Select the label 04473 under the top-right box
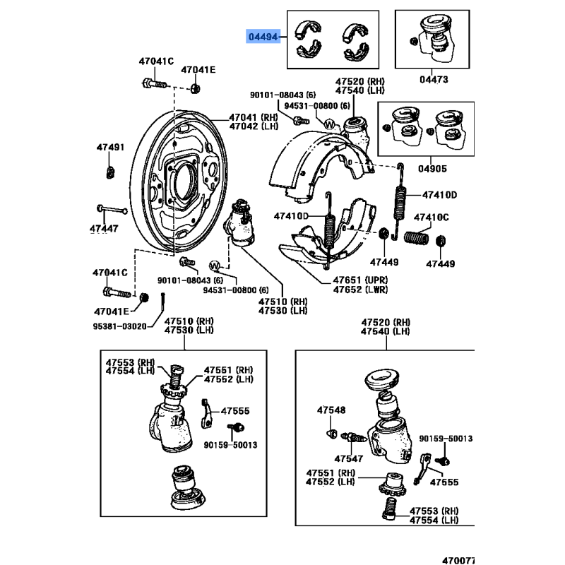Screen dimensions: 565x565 [434, 81]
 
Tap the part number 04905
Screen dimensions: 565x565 [432, 169]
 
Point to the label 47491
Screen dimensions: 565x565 [110, 148]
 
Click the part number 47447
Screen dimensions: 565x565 [104, 229]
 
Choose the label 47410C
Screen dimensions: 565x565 [431, 218]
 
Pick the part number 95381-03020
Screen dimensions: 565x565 [119, 326]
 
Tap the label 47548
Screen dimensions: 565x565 [331, 410]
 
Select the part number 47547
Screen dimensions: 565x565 [348, 458]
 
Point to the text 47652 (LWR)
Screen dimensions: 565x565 [360, 290]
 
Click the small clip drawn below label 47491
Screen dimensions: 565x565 [110, 170]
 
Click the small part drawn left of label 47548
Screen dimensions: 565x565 [331, 432]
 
